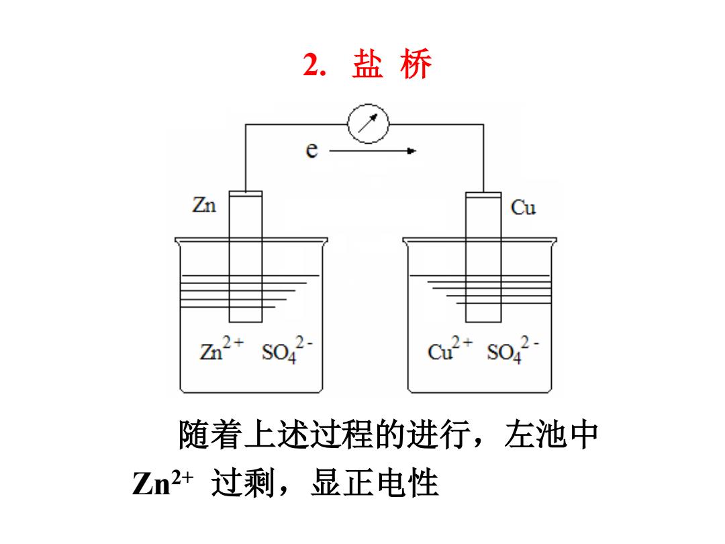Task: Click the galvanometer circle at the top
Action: [368, 104]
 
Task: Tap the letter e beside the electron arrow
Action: [312, 150]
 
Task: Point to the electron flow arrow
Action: [373, 151]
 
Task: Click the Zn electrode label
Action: [204, 205]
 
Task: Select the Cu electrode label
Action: [523, 208]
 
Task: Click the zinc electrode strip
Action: [246, 257]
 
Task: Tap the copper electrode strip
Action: [483, 257]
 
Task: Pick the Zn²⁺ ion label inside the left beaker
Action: [222, 349]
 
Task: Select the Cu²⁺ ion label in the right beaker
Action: [449, 349]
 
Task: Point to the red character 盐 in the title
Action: [368, 64]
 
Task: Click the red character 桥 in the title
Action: [416, 64]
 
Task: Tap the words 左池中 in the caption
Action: [552, 435]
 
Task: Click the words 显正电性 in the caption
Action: [375, 483]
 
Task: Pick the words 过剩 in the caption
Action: [243, 483]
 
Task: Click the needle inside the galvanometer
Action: [368, 123]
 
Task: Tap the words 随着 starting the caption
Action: [210, 435]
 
